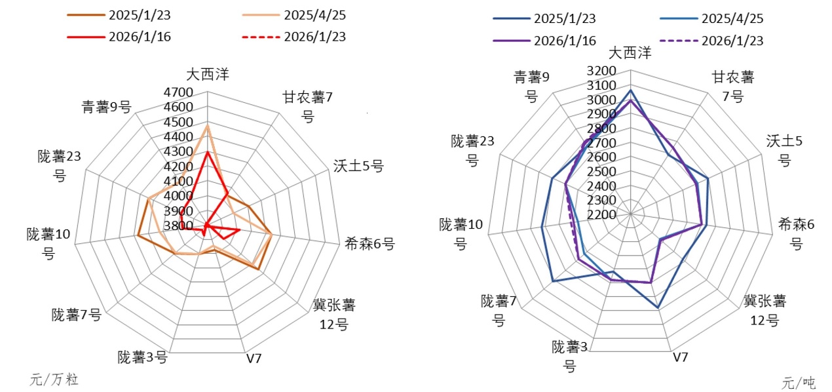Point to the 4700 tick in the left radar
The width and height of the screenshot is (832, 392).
coord(180,92)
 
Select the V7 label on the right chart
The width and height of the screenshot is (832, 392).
coord(681,357)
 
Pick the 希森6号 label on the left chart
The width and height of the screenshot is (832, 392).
coord(369,245)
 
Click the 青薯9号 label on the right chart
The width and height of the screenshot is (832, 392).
coord(531,87)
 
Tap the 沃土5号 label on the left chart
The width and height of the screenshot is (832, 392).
coord(358,166)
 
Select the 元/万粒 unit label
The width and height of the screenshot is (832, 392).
coord(54,379)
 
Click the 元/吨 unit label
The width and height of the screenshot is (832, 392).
coord(799,382)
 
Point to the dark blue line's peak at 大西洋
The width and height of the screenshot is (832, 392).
coord(630,90)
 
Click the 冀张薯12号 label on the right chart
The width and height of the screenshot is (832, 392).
coord(765,311)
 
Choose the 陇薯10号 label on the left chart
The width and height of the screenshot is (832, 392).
coord(49,243)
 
